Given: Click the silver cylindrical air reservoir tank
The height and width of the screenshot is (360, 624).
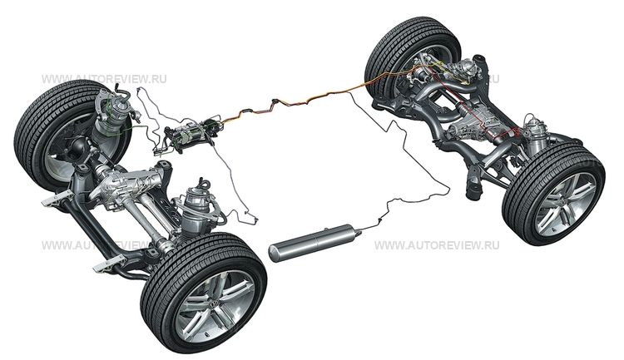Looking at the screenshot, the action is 312,242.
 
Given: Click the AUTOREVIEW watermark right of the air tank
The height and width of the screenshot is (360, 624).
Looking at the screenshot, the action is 436,245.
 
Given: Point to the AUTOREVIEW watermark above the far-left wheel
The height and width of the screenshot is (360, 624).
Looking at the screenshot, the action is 104,79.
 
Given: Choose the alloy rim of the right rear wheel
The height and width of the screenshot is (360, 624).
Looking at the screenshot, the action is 566,204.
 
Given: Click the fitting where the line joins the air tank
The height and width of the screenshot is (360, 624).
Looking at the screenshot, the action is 359,229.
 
